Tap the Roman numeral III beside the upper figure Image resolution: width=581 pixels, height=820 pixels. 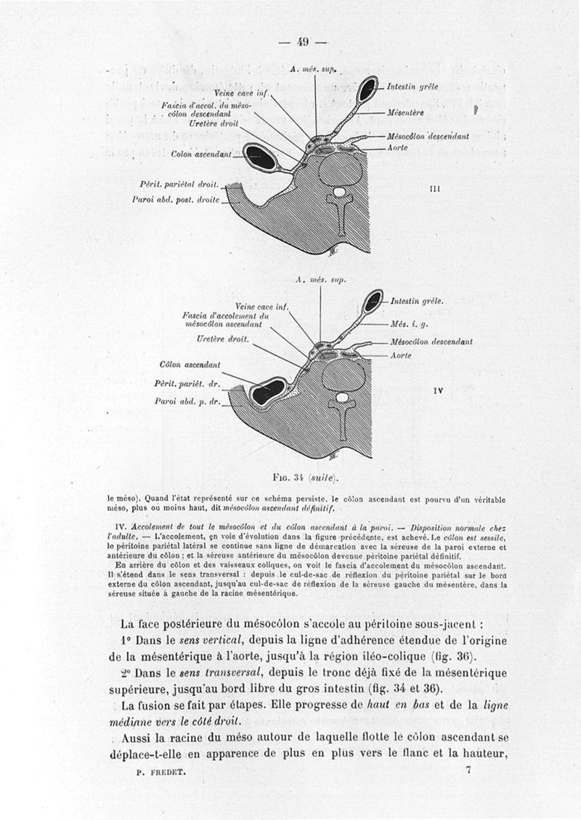point(436,188)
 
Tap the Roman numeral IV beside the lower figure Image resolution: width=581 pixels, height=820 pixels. point(438,390)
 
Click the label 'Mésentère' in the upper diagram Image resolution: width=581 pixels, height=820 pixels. point(406,113)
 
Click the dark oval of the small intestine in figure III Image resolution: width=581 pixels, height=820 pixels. point(367,89)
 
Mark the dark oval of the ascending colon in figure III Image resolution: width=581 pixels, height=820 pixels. point(259,157)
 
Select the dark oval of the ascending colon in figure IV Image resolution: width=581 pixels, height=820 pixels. point(267,391)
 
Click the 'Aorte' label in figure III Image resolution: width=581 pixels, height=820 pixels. point(397,148)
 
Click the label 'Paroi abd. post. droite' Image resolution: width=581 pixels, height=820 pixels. point(176,198)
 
